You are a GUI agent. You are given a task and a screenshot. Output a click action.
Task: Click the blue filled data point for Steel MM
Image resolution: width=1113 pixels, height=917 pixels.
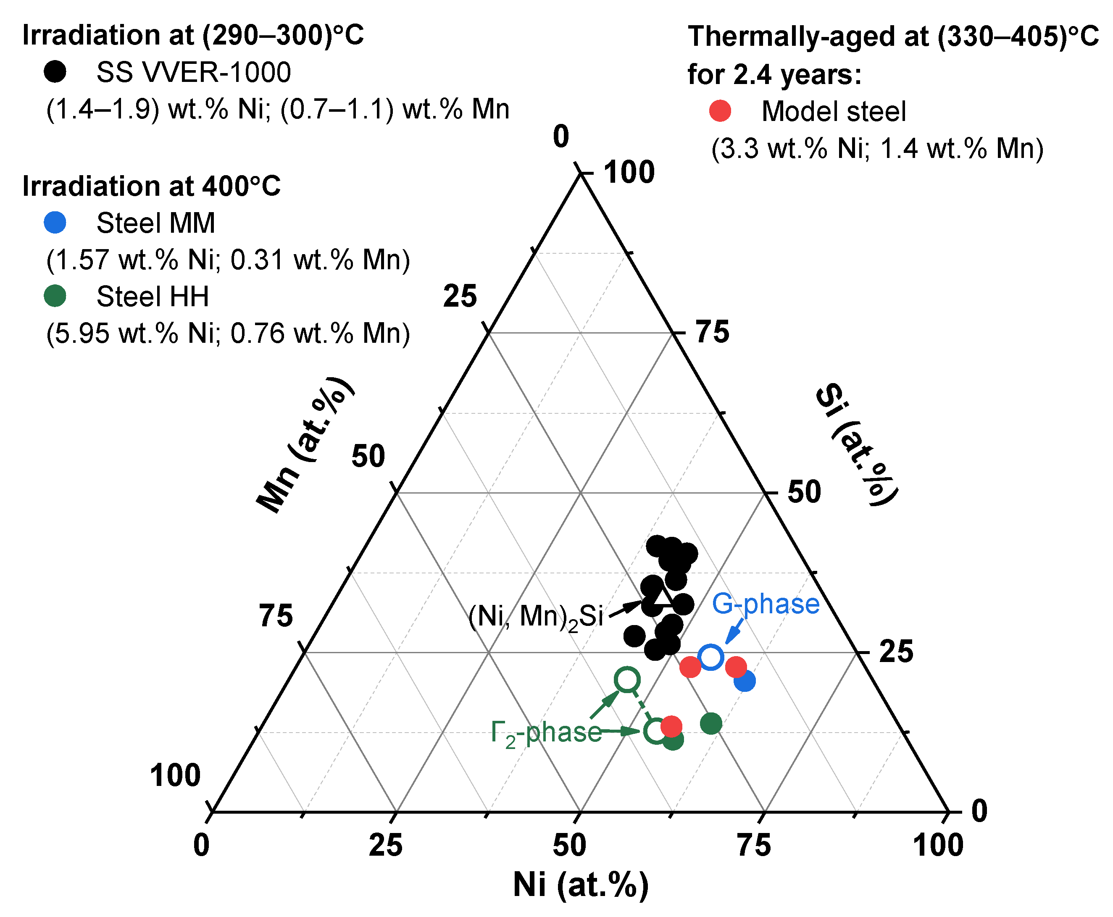coord(744,681)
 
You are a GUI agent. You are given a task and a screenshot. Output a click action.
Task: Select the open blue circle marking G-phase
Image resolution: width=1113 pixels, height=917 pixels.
coord(710,657)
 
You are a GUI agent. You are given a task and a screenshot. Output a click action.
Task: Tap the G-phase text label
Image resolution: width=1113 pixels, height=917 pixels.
coord(766,604)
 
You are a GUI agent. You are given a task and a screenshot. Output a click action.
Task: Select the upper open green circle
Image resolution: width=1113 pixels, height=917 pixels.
coord(627,679)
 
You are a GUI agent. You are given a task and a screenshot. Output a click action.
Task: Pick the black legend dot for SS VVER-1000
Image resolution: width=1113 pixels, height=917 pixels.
coord(55,71)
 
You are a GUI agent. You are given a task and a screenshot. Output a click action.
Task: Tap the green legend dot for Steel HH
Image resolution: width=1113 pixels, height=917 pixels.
coord(55,296)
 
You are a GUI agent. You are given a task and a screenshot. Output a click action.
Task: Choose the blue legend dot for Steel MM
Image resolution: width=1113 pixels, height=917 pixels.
coord(55,222)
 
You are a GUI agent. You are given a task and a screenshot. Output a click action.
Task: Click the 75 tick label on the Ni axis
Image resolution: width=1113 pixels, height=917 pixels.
coord(754,845)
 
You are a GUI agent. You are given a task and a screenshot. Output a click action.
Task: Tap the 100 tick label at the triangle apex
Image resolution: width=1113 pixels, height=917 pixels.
coord(629,172)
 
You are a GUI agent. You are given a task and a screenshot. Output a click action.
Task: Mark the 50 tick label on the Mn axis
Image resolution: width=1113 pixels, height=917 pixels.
coord(368,456)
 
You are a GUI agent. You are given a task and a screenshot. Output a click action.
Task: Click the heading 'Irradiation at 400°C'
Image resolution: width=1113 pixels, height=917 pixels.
coord(151,186)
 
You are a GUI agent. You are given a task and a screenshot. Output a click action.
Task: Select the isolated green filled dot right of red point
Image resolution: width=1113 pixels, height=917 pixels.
coord(711,723)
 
